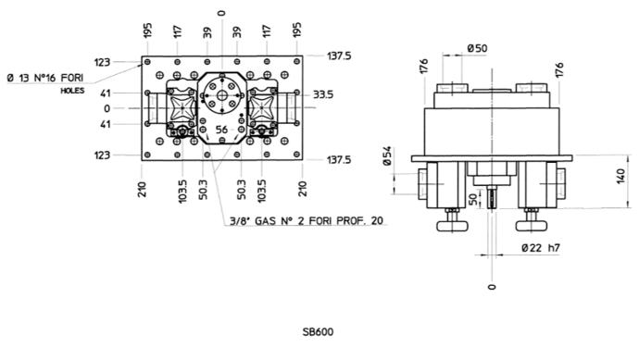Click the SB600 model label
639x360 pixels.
click(318, 332)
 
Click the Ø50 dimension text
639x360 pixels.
click(477, 48)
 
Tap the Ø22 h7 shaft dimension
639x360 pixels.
click(541, 248)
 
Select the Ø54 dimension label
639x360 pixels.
click(387, 156)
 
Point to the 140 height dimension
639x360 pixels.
click(620, 177)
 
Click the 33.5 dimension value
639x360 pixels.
click(323, 94)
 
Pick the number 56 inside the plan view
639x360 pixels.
click(221, 130)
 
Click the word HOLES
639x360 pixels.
click(72, 91)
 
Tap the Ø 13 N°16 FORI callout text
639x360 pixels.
click(45, 78)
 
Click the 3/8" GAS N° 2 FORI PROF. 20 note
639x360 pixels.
click(307, 221)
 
